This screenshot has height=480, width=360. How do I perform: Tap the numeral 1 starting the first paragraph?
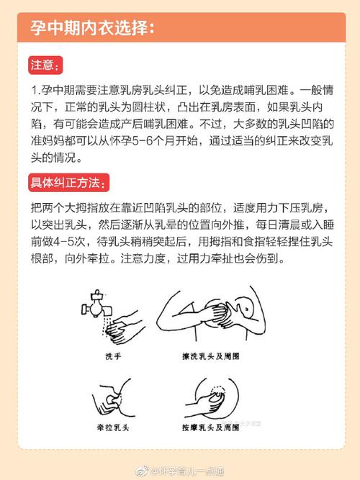pos(35,93)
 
